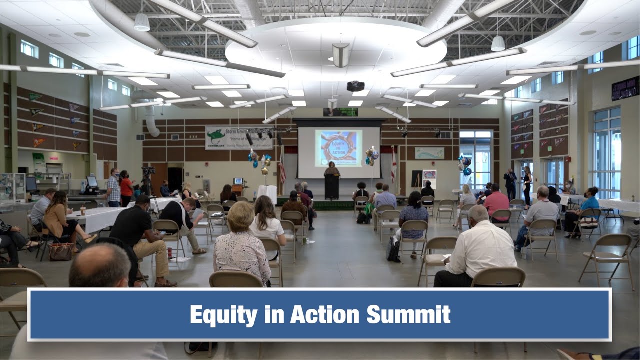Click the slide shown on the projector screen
pos(338,148)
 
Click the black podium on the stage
pos(332,186)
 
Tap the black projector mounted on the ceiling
pos(355,86)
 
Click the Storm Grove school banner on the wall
pos(239,138)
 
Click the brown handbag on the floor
pos(61,252)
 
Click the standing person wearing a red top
pos(126,187)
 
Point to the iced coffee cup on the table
pos(83,210)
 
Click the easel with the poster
pos(429,180)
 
